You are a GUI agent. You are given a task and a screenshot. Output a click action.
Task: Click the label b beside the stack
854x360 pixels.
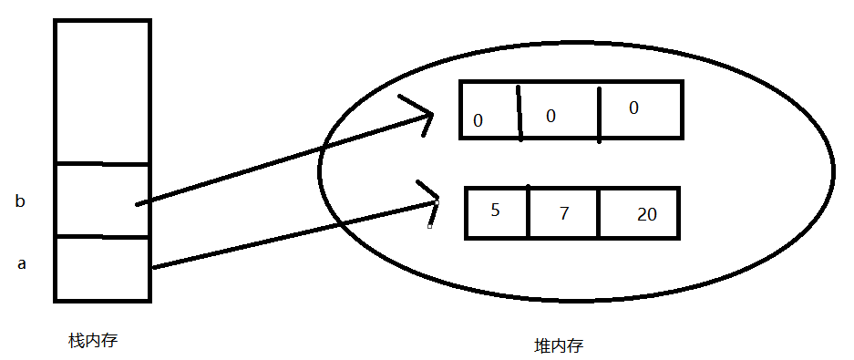pyautogui.click(x=20, y=201)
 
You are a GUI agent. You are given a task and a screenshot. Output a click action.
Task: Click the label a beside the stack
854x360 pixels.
pyautogui.click(x=23, y=264)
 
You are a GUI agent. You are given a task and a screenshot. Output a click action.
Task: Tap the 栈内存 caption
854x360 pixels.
pyautogui.click(x=93, y=341)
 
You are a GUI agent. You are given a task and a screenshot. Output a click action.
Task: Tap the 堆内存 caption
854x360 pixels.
pyautogui.click(x=558, y=346)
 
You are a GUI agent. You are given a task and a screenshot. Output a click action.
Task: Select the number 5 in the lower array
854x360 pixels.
pyautogui.click(x=495, y=210)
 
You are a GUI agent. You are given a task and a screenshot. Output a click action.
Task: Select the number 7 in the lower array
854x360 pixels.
pyautogui.click(x=563, y=214)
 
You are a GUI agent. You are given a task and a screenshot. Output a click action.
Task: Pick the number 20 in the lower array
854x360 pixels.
pyautogui.click(x=647, y=214)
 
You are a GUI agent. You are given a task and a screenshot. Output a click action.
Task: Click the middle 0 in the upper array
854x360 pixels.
pyautogui.click(x=550, y=116)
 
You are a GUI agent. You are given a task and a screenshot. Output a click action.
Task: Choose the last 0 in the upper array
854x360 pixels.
pyautogui.click(x=633, y=108)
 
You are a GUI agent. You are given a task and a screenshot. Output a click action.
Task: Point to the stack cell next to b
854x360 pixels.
pyautogui.click(x=102, y=201)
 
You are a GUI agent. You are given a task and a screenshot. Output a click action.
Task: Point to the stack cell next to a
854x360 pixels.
pyautogui.click(x=102, y=269)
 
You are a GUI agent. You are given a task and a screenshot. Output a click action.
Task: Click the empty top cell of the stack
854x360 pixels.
pyautogui.click(x=102, y=91)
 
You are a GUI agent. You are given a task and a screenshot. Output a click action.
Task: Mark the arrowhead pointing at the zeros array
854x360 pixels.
pyautogui.click(x=428, y=117)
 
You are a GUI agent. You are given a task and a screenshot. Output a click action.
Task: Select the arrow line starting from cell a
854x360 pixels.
pyautogui.click(x=292, y=234)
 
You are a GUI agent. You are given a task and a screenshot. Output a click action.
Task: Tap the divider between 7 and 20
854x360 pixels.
pyautogui.click(x=599, y=213)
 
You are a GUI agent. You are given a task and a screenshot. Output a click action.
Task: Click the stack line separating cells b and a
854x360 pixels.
pyautogui.click(x=102, y=237)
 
